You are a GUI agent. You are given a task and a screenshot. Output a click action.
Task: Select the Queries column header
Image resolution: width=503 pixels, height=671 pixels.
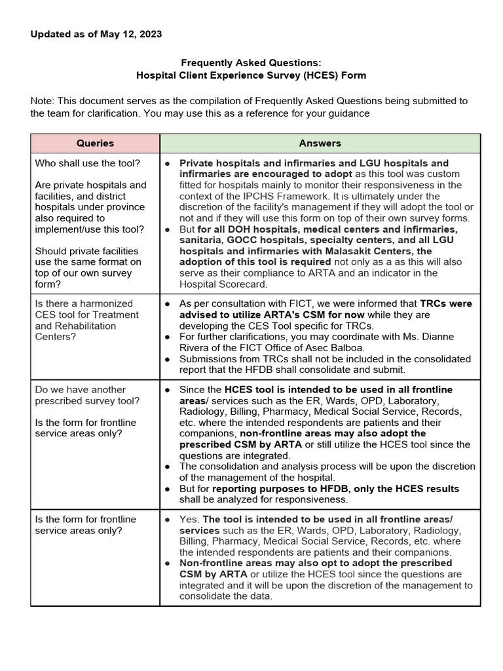point(95,143)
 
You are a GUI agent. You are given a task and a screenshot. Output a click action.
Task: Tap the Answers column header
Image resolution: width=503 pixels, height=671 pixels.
point(320,143)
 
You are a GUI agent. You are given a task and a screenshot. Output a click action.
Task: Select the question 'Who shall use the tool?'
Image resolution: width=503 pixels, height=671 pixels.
point(87,163)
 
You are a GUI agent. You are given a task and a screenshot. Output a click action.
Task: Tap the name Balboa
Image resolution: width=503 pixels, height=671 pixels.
point(329,348)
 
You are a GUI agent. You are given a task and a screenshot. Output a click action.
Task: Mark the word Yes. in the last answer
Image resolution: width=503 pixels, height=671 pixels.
point(190,519)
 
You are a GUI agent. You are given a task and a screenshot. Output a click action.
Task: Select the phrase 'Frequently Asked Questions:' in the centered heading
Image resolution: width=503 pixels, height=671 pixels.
point(251,63)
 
